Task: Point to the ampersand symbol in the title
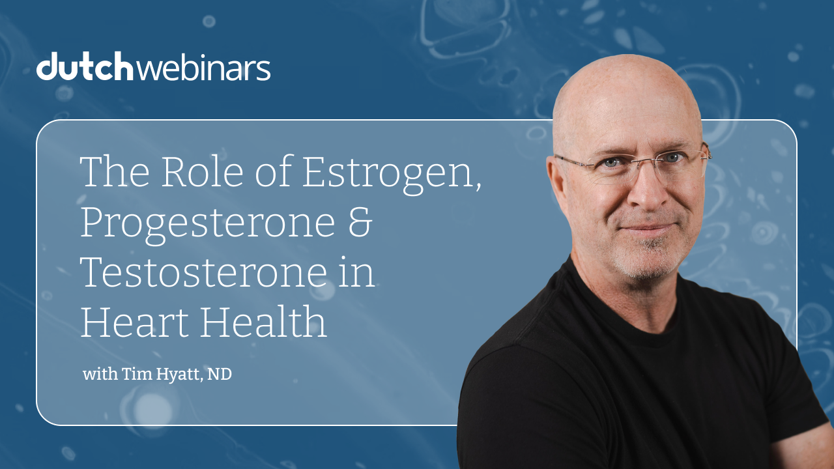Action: (358, 221)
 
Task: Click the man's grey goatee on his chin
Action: (645, 257)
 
